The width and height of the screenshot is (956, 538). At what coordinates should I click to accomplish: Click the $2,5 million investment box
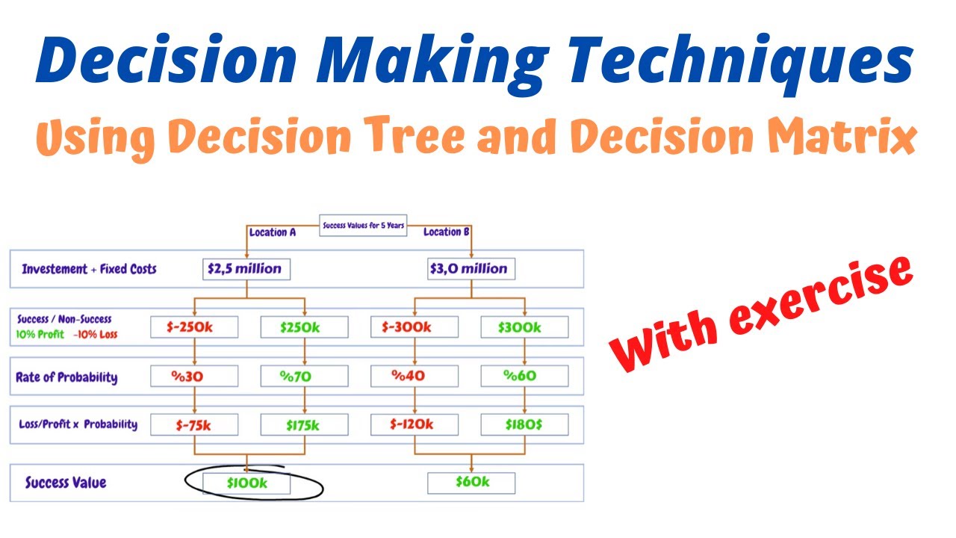pyautogui.click(x=246, y=269)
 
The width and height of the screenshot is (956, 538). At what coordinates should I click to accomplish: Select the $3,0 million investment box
pyautogui.click(x=471, y=269)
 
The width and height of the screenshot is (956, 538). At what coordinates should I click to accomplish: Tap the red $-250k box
pyautogui.click(x=194, y=327)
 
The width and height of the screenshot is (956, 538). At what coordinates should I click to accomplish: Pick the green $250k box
pyautogui.click(x=304, y=327)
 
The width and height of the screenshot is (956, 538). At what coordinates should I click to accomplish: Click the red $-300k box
pyautogui.click(x=415, y=327)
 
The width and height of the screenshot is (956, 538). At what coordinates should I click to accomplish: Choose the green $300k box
pyautogui.click(x=524, y=327)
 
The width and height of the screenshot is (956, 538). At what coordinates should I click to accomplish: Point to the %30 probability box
pyautogui.click(x=194, y=376)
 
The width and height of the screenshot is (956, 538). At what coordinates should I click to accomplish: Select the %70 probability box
pyautogui.click(x=304, y=376)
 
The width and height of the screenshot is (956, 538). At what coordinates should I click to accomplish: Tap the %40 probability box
pyautogui.click(x=415, y=376)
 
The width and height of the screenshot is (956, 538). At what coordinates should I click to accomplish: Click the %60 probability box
pyautogui.click(x=524, y=376)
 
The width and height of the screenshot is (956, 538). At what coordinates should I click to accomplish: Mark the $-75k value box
pyautogui.click(x=194, y=424)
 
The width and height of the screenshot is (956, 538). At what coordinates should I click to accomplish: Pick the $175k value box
pyautogui.click(x=304, y=424)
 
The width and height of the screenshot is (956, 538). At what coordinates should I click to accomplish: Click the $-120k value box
pyautogui.click(x=415, y=424)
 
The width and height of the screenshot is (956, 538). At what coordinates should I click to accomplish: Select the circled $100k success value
pyautogui.click(x=247, y=483)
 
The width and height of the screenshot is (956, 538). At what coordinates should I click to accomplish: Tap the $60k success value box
pyautogui.click(x=471, y=483)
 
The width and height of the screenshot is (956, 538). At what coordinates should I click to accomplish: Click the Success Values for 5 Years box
pyautogui.click(x=363, y=225)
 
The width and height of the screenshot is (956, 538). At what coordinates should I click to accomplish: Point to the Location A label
pyautogui.click(x=273, y=232)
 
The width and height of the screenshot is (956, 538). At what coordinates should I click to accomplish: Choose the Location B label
pyautogui.click(x=447, y=232)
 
